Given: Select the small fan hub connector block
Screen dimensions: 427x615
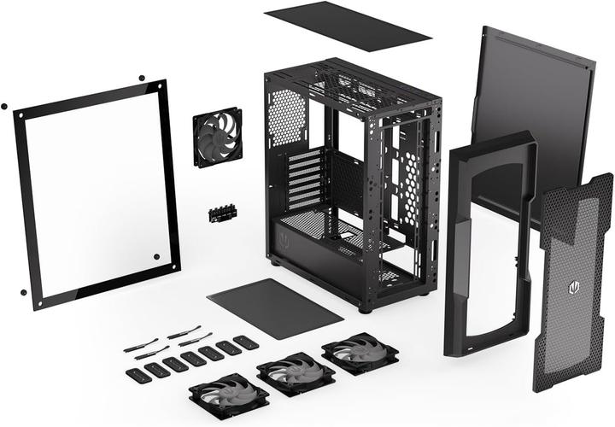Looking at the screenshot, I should [221, 211].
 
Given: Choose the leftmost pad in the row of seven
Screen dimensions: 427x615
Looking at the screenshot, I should [135, 374].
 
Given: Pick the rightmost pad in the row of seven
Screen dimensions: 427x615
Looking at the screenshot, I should [246, 342].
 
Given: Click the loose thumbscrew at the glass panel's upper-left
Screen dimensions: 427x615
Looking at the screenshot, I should [4, 107].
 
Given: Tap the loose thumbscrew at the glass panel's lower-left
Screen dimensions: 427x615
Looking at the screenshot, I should [23, 292].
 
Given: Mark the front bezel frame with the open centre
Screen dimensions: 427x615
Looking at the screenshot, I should [488, 248].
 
